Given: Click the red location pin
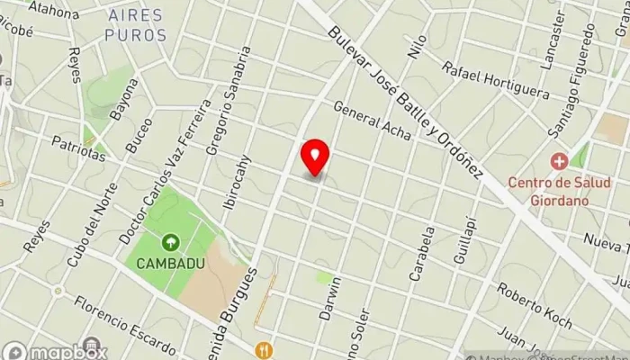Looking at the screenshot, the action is [315, 158].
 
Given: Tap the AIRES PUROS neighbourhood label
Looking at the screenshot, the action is [136, 25].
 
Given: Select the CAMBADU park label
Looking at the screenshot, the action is [170, 264].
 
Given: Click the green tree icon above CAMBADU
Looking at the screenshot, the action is [170, 242].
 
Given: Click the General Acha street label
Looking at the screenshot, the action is [372, 120].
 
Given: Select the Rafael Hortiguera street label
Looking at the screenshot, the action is [496, 79].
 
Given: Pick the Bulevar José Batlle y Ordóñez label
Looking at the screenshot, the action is [407, 100].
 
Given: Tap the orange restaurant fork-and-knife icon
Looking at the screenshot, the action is [264, 349].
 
